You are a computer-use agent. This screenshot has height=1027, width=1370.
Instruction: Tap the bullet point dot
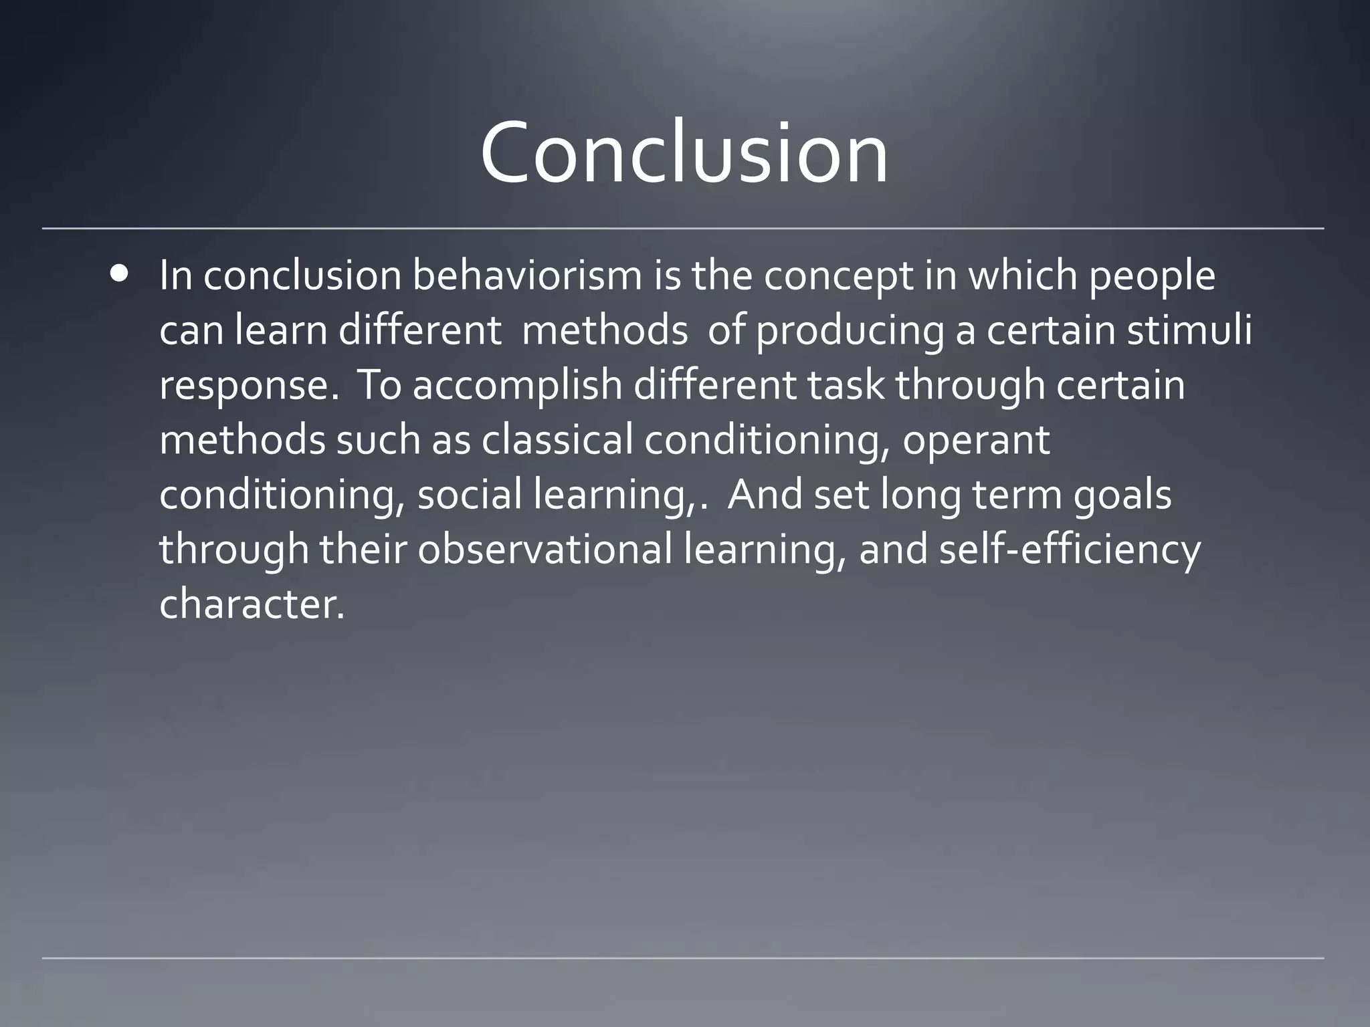120,273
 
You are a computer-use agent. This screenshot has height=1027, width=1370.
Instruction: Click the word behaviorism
527,275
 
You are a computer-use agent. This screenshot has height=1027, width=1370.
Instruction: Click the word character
252,604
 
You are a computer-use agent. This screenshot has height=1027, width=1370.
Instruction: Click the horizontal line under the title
682,229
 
